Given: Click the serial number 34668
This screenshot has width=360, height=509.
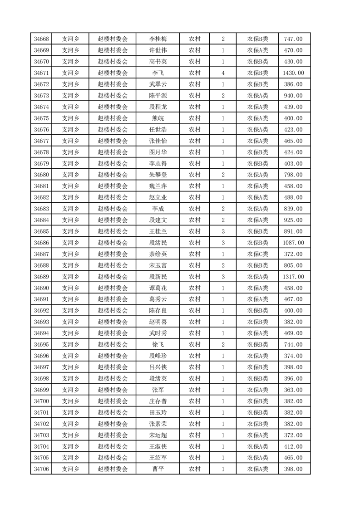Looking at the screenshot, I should pos(41,39).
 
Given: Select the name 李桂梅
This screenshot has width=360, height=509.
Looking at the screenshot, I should pos(158,39).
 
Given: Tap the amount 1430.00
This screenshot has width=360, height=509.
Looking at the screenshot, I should pos(293,73).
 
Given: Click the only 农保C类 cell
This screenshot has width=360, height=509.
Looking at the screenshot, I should pos(257,254).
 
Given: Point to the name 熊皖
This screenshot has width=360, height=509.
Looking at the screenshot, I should pos(158,118).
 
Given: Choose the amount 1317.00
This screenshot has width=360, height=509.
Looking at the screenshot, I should pos(293,277).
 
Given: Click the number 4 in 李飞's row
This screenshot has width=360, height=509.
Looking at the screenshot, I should pos(223,73).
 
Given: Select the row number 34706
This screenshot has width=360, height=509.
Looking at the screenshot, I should pos(41,469).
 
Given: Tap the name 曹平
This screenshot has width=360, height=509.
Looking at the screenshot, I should pos(158,469).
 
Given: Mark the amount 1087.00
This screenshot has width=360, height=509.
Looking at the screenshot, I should pos(293,243).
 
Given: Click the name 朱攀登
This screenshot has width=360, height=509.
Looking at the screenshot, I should pos(158,175).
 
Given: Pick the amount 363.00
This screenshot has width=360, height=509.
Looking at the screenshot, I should pos(293,390).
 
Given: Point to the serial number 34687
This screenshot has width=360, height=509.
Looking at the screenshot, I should pos(41,254).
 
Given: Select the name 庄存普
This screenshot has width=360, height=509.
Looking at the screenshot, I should pos(158,401).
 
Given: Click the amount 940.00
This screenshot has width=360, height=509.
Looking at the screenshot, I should pos(293,96).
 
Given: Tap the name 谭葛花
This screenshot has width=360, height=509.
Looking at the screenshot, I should pos(158,288).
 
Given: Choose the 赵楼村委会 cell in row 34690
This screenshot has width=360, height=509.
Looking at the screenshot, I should pos(113,288).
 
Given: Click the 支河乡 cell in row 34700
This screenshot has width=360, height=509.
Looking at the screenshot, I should pos(70,401).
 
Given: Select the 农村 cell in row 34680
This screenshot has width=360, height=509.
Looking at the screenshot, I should pos(195,175).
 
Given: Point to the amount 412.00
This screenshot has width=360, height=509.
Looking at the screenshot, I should pos(293,446).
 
